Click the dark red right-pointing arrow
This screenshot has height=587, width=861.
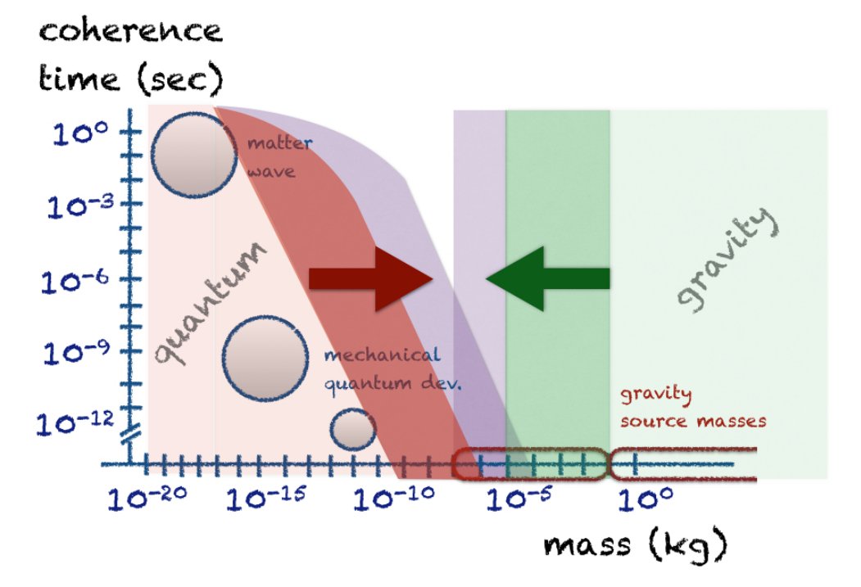pos(369,278)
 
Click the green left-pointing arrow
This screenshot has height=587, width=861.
pos(547,278)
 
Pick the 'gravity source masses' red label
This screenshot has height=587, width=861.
pos(691,408)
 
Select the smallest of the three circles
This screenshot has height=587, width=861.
pos(353,429)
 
